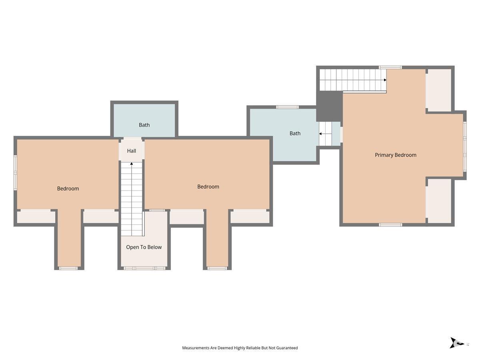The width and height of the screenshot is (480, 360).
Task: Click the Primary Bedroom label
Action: (395, 155)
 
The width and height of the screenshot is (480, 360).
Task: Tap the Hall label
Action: (132, 151)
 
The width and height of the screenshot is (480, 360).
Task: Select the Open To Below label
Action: (144, 247)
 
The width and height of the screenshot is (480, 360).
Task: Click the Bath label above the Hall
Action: (144, 125)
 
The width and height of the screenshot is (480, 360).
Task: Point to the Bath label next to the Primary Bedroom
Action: (295, 133)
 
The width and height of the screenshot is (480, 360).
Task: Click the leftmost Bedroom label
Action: (68, 189)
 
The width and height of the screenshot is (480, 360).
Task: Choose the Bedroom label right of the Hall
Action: (208, 187)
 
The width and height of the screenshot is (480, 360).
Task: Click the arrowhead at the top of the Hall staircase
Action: (132, 164)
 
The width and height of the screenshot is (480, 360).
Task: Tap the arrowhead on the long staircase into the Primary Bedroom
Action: (385, 80)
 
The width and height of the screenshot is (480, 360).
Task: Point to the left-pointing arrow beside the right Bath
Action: (325, 134)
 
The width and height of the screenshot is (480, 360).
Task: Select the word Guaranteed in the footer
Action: (287, 348)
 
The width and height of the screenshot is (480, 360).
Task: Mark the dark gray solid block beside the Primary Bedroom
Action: (329, 106)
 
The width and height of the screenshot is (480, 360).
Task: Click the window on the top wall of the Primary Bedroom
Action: (390, 67)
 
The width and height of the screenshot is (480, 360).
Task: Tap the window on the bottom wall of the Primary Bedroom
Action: (390, 225)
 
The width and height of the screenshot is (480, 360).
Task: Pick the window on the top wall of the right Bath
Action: (287, 107)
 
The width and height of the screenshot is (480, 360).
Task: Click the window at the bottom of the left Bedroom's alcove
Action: (68, 268)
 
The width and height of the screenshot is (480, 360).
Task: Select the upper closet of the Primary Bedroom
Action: (439, 90)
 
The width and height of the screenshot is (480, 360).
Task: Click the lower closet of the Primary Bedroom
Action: (439, 201)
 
